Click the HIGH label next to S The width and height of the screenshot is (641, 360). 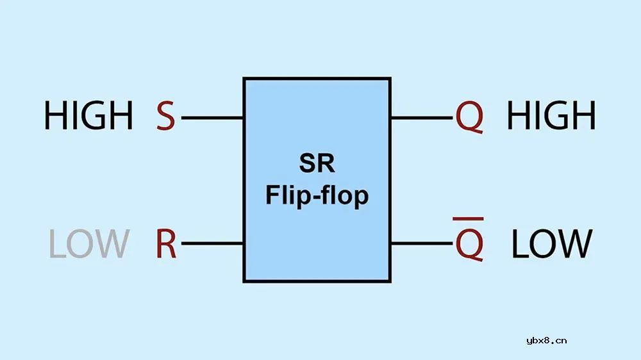point(88,117)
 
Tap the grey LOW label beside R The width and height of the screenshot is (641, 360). point(88,244)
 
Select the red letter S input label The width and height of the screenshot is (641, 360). point(165,117)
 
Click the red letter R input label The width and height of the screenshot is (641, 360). point(166,244)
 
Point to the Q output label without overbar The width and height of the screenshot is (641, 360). point(469,117)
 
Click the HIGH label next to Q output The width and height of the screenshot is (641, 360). point(551,117)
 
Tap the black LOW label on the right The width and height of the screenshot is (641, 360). point(551,244)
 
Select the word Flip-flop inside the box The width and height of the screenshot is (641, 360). point(317,195)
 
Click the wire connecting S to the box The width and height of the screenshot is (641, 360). point(212,118)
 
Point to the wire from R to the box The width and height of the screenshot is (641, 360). point(212,243)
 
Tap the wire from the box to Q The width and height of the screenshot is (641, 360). point(422,118)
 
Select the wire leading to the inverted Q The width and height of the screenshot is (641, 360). point(422,243)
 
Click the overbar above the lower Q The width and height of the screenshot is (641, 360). point(469,220)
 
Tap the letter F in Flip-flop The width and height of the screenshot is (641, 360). point(272,194)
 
